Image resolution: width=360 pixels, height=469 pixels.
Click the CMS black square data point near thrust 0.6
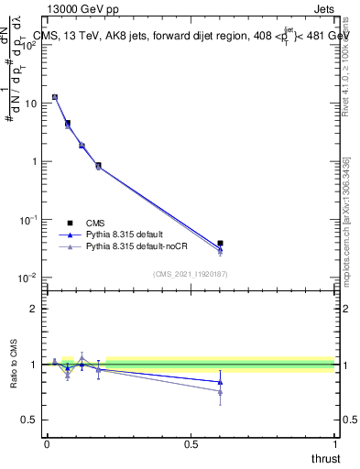point(220,244)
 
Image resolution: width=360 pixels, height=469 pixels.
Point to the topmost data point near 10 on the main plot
point(55,96)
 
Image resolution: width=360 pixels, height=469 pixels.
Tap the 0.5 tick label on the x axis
point(191,443)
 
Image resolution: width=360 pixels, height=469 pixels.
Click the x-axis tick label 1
point(335,443)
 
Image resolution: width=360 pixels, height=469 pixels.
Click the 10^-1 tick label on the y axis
point(27,220)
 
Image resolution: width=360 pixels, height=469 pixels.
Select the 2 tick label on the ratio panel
point(34,309)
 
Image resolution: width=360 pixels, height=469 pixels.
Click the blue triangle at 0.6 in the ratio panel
point(220,382)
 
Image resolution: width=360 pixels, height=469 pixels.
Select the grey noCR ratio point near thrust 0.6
point(220,392)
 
